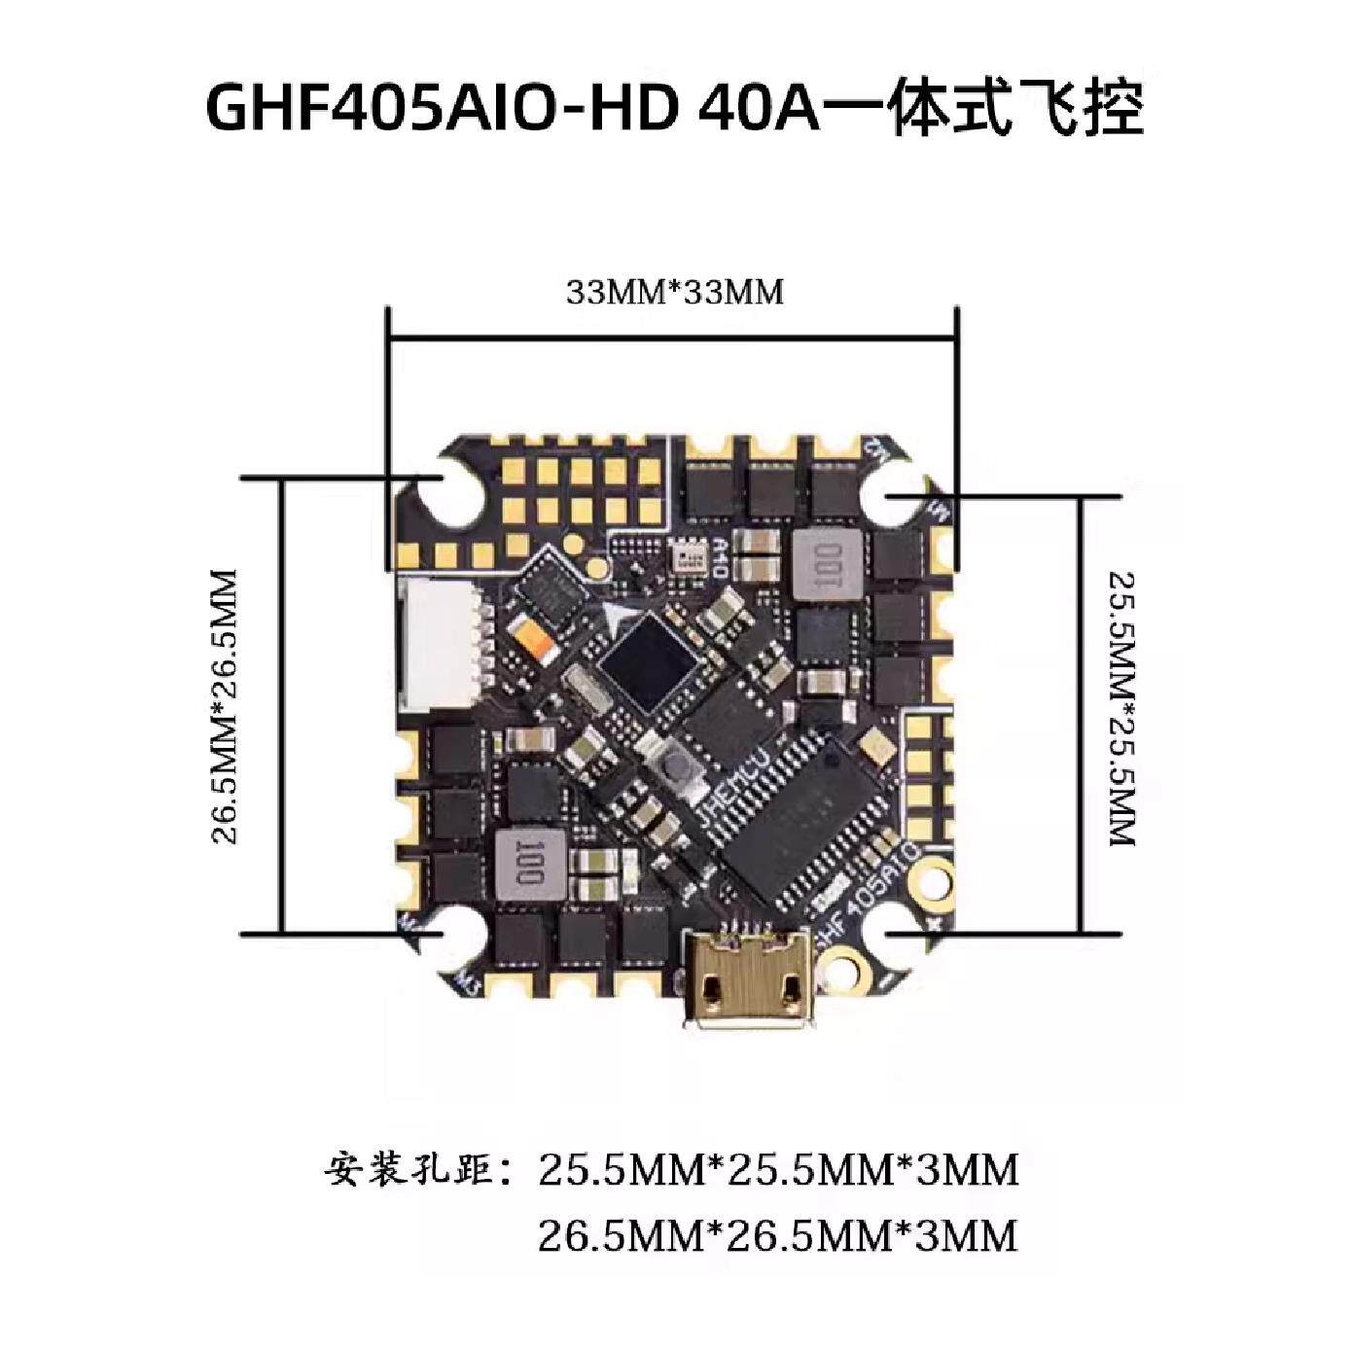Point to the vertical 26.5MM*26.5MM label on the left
(x=225, y=707)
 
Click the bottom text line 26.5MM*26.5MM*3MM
(x=778, y=1235)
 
